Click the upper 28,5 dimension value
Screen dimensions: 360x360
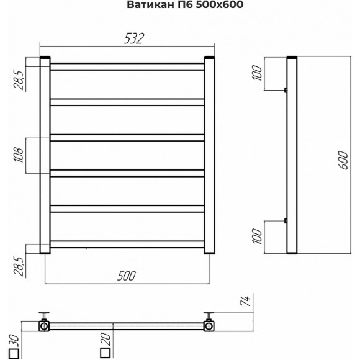[x=19, y=79]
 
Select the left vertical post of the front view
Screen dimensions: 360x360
[x=45, y=155]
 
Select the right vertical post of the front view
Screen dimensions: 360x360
[x=209, y=155]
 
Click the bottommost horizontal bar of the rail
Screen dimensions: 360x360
[x=127, y=243]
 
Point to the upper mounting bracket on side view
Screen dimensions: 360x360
[x=286, y=90]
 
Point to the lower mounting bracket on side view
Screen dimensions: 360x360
[x=286, y=220]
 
